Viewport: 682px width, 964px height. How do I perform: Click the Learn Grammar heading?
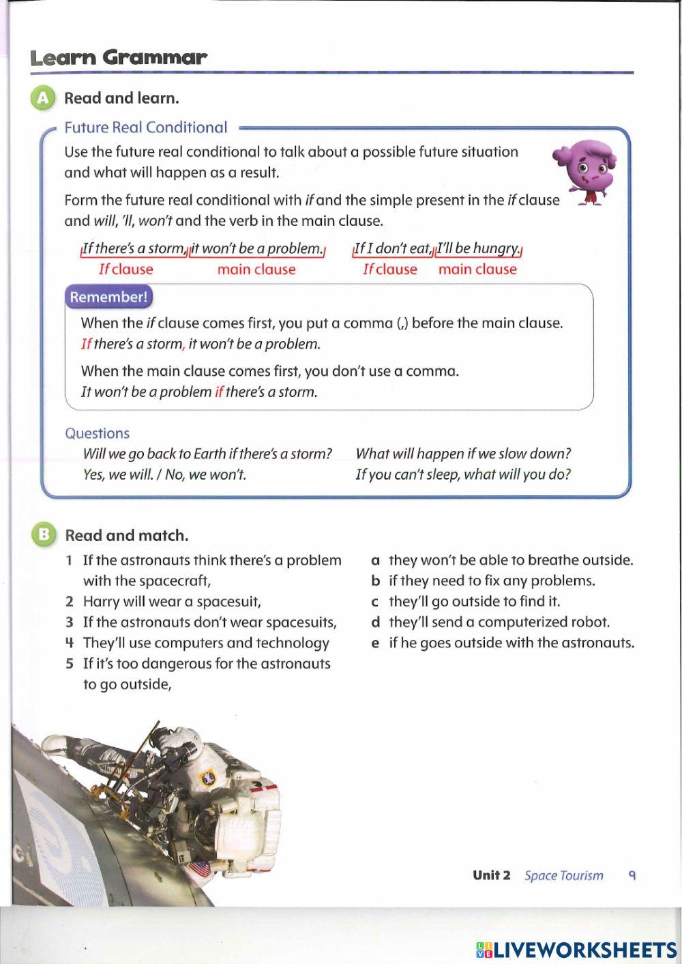click(118, 58)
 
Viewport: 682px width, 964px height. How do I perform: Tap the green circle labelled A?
click(42, 98)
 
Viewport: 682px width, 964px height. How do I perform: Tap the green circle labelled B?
click(42, 535)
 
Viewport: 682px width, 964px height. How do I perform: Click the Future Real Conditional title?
click(145, 128)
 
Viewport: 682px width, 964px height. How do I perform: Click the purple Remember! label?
click(108, 297)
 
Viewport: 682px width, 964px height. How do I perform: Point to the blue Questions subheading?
click(97, 433)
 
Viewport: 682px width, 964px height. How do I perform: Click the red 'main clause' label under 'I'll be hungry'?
click(477, 269)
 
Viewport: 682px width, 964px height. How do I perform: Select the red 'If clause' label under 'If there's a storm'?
click(125, 269)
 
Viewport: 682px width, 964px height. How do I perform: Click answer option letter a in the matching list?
click(375, 561)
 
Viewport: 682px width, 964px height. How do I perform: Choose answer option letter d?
click(375, 622)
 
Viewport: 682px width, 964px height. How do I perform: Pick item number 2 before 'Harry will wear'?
click(69, 602)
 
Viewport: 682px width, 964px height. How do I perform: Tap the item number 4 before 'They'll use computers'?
click(69, 643)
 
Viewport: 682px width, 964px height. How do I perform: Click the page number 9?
click(632, 875)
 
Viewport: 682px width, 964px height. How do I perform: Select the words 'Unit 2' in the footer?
click(491, 875)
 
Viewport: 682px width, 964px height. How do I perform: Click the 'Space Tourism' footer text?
click(563, 875)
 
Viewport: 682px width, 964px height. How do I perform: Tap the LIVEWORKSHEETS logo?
click(576, 950)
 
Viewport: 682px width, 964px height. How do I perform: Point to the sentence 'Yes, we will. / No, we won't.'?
click(164, 475)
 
